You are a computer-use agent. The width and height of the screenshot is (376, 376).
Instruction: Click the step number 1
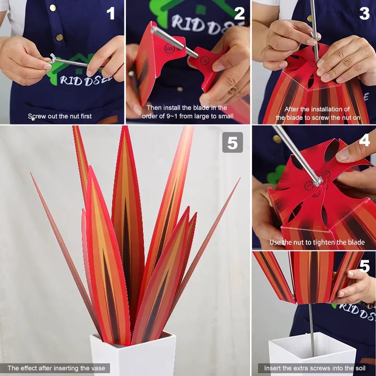[x=111, y=14]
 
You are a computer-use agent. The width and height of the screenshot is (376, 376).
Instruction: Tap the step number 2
[x=239, y=14]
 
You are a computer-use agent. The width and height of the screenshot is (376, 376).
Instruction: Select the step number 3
[x=364, y=14]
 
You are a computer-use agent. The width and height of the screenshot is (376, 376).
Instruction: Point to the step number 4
[x=364, y=141]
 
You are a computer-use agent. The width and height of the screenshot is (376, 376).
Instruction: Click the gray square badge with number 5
[x=232, y=142]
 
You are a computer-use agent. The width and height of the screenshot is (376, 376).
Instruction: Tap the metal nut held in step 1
[x=53, y=59]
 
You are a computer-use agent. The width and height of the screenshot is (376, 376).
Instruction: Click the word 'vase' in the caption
[x=99, y=368]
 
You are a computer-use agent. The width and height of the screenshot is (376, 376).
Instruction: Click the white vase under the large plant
[x=133, y=356]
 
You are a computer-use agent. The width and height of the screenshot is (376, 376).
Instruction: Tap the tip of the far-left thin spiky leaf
[x=31, y=174]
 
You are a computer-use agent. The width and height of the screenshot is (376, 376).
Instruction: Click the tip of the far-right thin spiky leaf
[x=238, y=180]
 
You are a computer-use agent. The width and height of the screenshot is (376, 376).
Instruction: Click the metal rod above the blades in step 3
[x=313, y=23]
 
